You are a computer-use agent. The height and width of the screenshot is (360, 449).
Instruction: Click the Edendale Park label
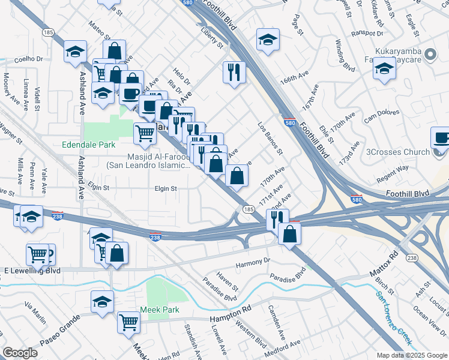coord(88,145)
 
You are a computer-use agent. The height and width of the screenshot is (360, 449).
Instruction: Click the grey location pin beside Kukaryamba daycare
coord(430,55)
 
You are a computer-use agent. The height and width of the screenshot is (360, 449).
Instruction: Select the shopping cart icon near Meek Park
coord(129,322)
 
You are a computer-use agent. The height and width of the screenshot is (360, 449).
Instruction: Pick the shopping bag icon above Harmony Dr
coord(289,233)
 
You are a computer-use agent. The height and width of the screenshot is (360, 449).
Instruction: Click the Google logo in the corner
coord(20,353)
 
